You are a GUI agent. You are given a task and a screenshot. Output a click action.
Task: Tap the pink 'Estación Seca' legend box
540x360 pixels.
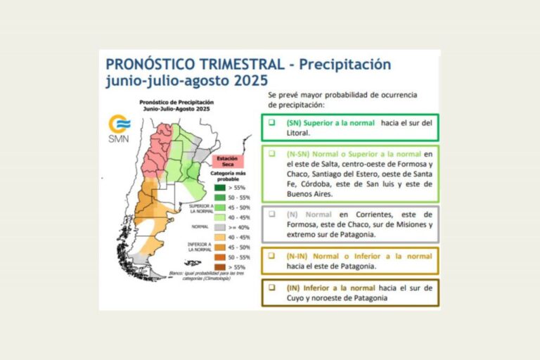[226, 161]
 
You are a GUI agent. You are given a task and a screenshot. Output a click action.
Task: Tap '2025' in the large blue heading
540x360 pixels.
[252, 80]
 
